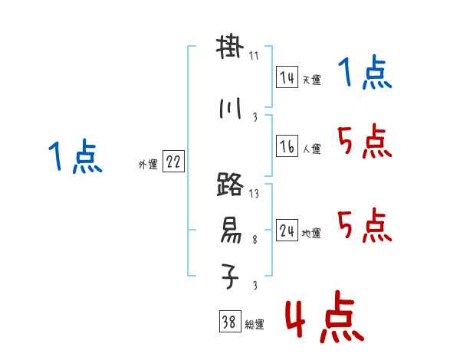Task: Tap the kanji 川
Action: pos(230,110)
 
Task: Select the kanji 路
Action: pos(230,186)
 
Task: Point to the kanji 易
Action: pos(230,229)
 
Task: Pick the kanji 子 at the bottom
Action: pos(230,275)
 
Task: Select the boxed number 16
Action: pos(287,147)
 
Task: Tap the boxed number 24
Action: pos(287,231)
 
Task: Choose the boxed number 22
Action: pos(173,162)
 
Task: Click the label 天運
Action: pos(311,80)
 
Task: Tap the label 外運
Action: pos(147,164)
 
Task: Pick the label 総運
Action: pos(254,325)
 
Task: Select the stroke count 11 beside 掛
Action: pos(254,56)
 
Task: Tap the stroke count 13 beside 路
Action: pos(254,194)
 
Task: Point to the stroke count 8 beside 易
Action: pos(254,240)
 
